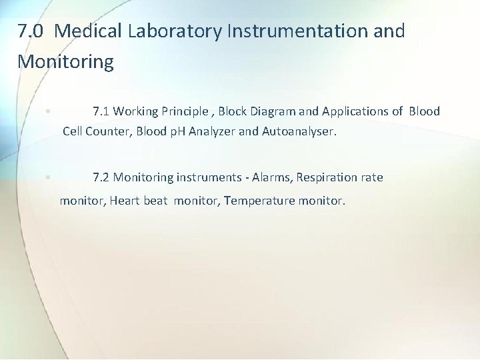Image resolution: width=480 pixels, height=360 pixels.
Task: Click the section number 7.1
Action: point(101,111)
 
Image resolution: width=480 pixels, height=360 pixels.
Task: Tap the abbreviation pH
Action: point(177,131)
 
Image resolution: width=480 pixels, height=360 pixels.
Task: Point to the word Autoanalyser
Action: point(299,131)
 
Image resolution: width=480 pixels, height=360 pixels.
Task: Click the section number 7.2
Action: point(101,177)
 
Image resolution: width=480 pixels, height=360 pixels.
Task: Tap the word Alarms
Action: point(271,177)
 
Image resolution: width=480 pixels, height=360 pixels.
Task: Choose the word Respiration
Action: point(326,177)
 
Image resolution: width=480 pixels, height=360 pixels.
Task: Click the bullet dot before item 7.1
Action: point(49,112)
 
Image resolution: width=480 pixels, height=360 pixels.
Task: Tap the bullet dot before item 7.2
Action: point(49,178)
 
